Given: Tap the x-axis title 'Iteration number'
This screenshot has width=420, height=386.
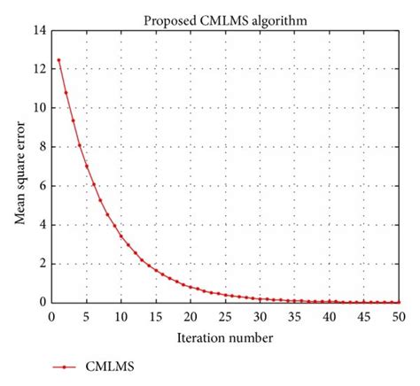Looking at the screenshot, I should pos(224,337).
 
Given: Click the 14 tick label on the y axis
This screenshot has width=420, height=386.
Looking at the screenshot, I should pos(39,30).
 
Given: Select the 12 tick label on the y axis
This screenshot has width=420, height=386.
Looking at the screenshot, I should pos(39,69).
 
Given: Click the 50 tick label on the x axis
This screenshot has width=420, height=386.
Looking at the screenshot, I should pos(398,315).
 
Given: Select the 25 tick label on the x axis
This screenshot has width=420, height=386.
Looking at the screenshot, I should pos(225,315).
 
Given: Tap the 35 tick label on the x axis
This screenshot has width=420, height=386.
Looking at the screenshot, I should pos(294,315).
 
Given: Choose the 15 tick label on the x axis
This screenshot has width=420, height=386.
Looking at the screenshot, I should pos(156,315).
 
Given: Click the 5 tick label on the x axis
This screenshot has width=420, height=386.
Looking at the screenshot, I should pos(87,315).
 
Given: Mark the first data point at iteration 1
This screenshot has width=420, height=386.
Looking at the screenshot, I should pos(59,60).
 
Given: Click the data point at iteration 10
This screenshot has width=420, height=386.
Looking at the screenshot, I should pos(121,235).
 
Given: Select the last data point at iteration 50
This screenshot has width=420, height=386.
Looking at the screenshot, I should pos(398,302).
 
